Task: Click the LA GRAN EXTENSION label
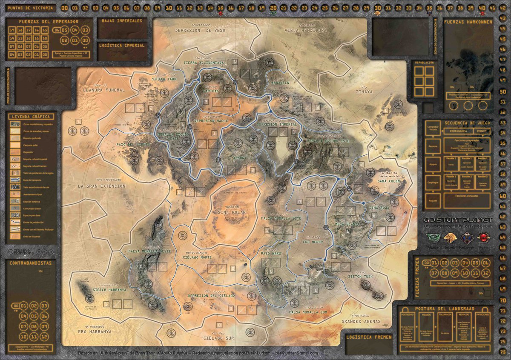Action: tap(102, 186)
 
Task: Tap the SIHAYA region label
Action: tap(364, 91)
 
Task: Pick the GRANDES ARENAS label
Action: tap(361, 321)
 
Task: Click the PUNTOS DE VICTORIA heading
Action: tap(31, 8)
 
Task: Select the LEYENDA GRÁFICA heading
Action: tap(31, 117)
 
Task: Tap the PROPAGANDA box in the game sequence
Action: tap(455, 131)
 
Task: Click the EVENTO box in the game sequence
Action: tap(481, 131)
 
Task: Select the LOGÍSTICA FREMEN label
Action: tap(368, 337)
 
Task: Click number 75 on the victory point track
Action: tap(503, 352)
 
